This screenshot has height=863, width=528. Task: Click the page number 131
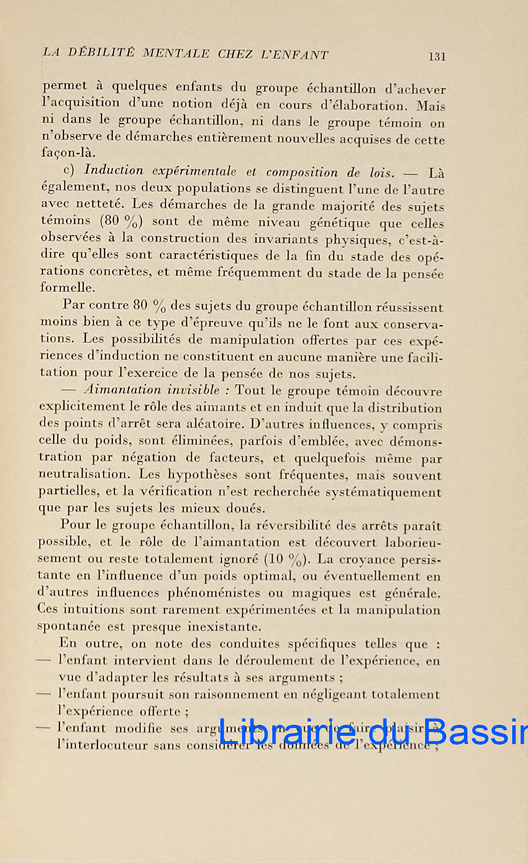click(437, 56)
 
